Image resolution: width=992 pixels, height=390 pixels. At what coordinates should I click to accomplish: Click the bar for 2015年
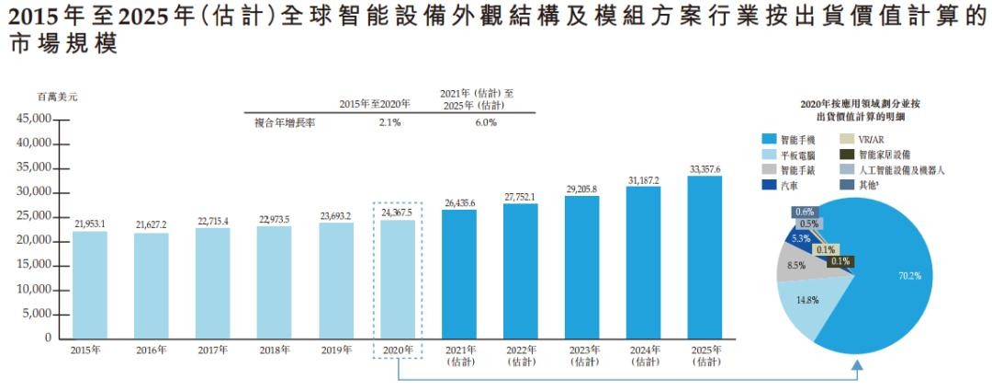click(90, 284)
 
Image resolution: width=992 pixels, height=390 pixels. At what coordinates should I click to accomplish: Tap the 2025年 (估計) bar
click(705, 257)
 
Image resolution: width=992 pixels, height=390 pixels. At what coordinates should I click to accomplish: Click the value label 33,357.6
click(705, 169)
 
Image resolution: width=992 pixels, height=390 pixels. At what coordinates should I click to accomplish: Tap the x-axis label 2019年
click(335, 350)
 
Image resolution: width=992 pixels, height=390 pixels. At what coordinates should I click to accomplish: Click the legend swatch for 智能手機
click(768, 140)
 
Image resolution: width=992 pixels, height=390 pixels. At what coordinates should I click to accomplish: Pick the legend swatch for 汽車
click(768, 185)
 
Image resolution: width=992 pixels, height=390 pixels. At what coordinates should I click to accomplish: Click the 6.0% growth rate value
click(485, 123)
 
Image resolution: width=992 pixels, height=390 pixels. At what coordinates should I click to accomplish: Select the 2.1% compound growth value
click(389, 123)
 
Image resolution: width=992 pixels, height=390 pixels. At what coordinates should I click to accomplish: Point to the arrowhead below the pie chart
click(856, 366)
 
